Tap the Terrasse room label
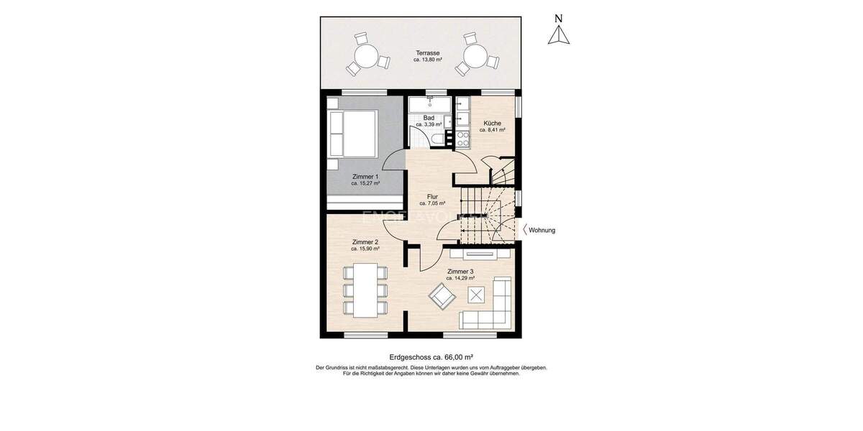427,52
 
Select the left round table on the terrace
367,55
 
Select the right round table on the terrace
475,55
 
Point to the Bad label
429,118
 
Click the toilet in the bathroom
435,139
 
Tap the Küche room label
493,123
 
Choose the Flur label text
432,196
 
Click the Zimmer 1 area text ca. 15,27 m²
365,183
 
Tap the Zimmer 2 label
365,241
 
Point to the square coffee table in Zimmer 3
476,294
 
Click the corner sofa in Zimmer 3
493,309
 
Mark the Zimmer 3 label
460,271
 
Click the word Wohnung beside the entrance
542,231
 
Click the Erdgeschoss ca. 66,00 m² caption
431,356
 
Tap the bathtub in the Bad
429,105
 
